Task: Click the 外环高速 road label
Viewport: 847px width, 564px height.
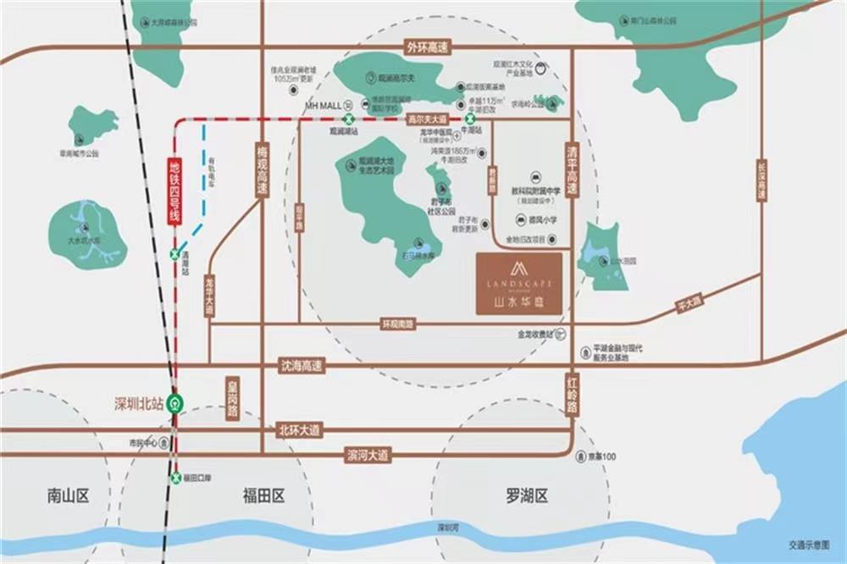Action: tap(429, 47)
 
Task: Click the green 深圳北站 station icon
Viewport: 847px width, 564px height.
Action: tap(175, 403)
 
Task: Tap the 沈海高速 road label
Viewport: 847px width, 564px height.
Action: tap(302, 367)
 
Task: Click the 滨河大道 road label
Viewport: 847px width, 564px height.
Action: tap(368, 456)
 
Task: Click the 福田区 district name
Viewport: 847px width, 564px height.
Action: tap(263, 496)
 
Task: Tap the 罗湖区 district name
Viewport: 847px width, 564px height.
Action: tap(528, 496)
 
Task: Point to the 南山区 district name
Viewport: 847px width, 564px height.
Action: tap(68, 496)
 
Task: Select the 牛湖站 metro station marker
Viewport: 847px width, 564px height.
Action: tap(468, 119)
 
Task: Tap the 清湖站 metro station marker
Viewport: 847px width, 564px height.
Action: tap(175, 254)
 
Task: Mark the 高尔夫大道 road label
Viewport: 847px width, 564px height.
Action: tap(427, 120)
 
